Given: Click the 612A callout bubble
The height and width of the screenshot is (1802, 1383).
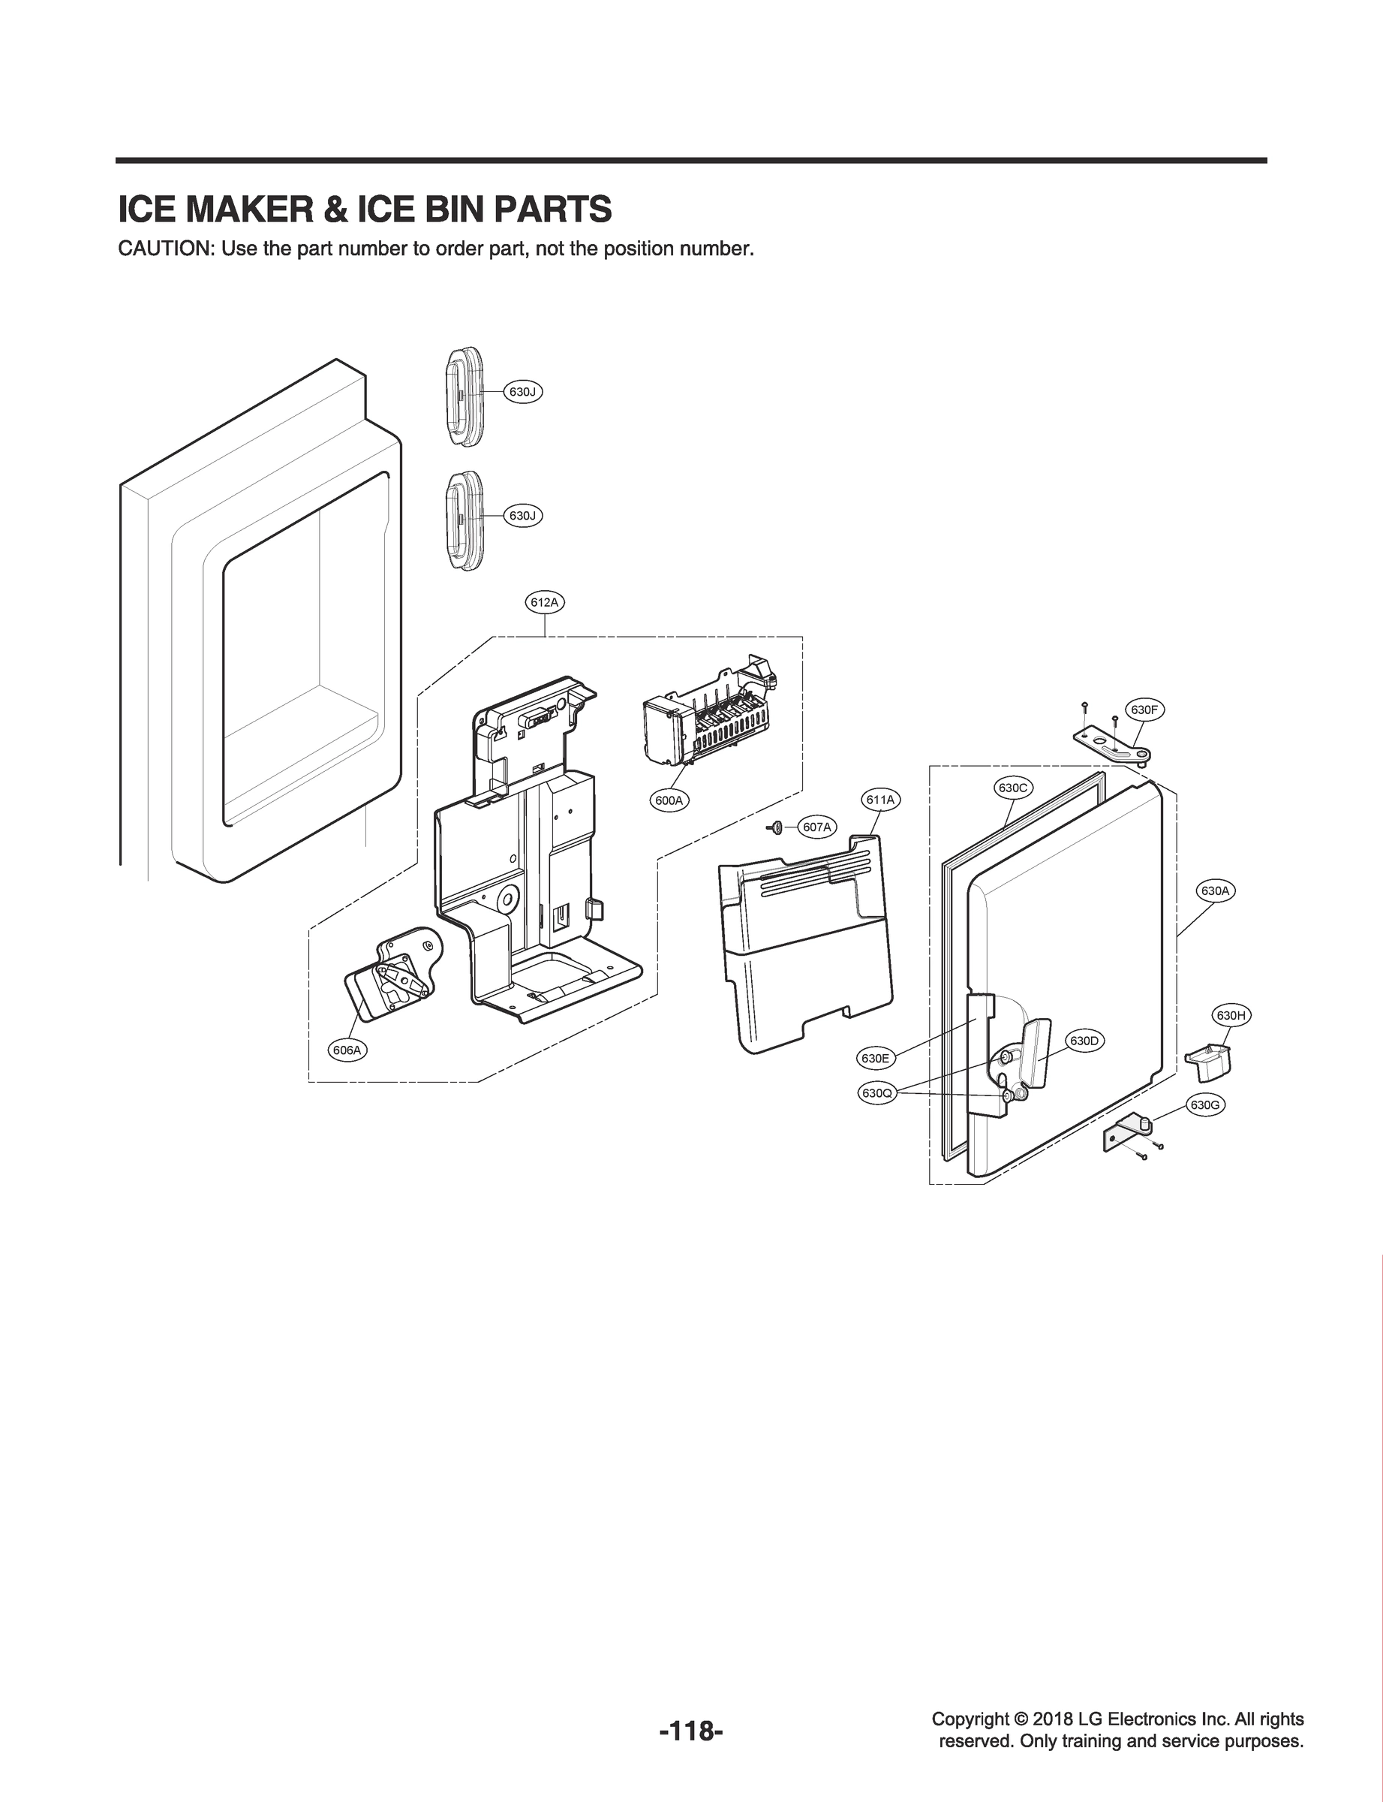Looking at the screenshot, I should (x=545, y=602).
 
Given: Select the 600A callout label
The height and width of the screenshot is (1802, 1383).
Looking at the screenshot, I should (x=669, y=800).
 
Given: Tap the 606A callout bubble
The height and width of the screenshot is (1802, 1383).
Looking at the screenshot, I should (x=348, y=1050).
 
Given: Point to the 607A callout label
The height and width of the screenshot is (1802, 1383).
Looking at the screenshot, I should (x=816, y=826).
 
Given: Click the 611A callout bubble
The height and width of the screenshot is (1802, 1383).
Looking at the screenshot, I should (x=880, y=800).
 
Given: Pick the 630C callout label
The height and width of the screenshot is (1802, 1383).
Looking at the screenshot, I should (x=1012, y=788).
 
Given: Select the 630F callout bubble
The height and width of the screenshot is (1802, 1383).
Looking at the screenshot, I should (x=1144, y=709).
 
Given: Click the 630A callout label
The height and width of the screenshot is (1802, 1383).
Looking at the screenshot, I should (x=1214, y=891).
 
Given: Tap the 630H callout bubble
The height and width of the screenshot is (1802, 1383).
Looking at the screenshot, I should (x=1231, y=1015).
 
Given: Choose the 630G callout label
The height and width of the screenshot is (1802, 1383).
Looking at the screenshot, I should (x=1204, y=1104).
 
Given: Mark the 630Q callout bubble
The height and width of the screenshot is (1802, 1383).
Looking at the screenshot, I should (x=876, y=1094).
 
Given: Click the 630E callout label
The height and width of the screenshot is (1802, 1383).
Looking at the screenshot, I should (x=874, y=1057).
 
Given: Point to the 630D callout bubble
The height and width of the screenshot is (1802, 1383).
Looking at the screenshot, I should (x=1084, y=1041).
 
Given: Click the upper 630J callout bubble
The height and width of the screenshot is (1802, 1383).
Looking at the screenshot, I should (x=523, y=392).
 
